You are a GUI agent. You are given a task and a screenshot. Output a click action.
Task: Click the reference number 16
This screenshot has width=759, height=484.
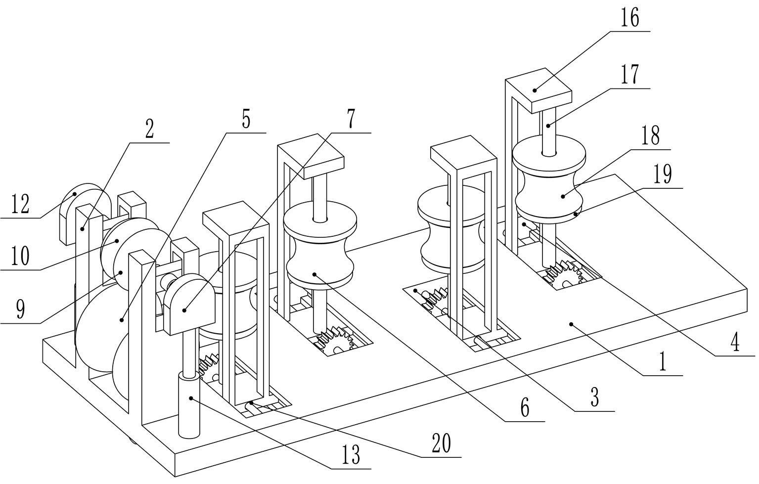click(x=630, y=18)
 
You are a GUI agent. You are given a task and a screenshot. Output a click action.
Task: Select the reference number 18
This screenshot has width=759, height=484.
click(x=651, y=135)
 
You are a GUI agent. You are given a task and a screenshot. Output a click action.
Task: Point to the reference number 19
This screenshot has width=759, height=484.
click(x=662, y=175)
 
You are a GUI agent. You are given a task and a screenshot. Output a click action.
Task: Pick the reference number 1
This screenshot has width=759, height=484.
click(x=663, y=363)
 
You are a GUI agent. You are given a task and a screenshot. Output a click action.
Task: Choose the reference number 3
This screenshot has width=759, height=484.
click(x=594, y=397)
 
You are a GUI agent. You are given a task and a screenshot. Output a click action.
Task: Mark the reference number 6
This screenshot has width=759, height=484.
click(x=525, y=408)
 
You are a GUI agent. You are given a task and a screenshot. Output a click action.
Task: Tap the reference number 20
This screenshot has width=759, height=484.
click(x=441, y=443)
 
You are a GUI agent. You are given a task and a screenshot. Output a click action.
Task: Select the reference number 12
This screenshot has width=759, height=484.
click(x=20, y=204)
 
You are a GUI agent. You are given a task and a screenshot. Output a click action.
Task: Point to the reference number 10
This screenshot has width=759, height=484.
click(x=20, y=256)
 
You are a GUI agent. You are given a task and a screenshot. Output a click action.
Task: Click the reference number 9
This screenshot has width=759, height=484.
click(x=20, y=309)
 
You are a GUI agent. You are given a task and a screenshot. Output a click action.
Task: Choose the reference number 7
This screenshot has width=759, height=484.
click(x=351, y=120)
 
